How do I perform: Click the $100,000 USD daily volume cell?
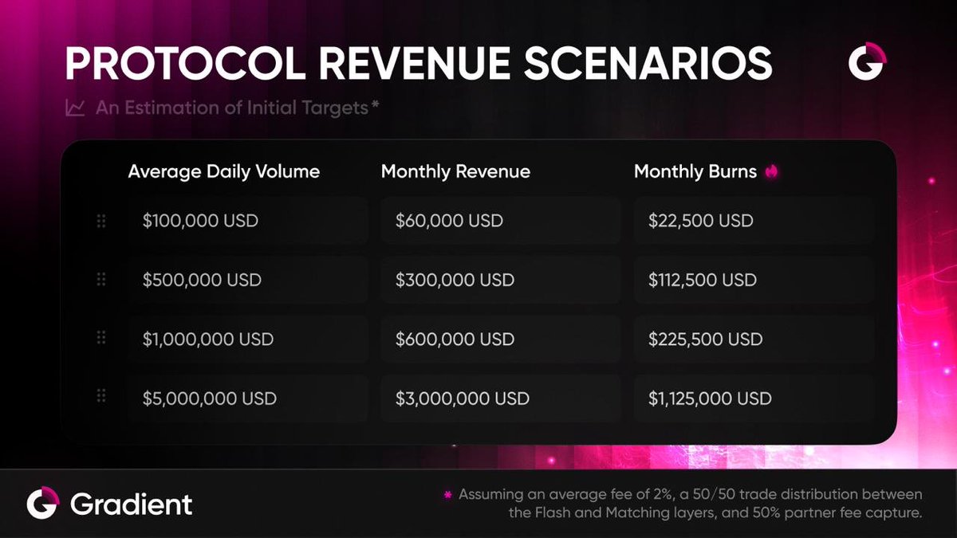[247, 221]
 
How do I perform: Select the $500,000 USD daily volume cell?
[247, 280]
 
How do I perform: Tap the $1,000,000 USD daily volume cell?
[247, 339]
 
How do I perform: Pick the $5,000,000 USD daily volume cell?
[247, 398]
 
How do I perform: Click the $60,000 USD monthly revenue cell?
[500, 221]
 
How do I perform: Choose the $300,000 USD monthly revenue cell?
[500, 280]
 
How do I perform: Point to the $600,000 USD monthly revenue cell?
[500, 339]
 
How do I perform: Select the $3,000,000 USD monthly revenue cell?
[500, 398]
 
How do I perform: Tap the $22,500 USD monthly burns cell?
[753, 221]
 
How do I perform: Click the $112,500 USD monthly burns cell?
[753, 280]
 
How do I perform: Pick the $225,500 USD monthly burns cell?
[753, 339]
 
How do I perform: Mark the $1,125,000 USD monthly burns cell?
[753, 398]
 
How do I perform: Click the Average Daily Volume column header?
[223, 171]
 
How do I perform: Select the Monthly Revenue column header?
[455, 171]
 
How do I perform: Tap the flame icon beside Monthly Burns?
[771, 171]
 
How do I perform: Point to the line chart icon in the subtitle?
[76, 108]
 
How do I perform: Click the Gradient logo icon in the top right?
[868, 62]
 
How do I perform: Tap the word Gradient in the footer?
[131, 504]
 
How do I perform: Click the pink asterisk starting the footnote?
[447, 495]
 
